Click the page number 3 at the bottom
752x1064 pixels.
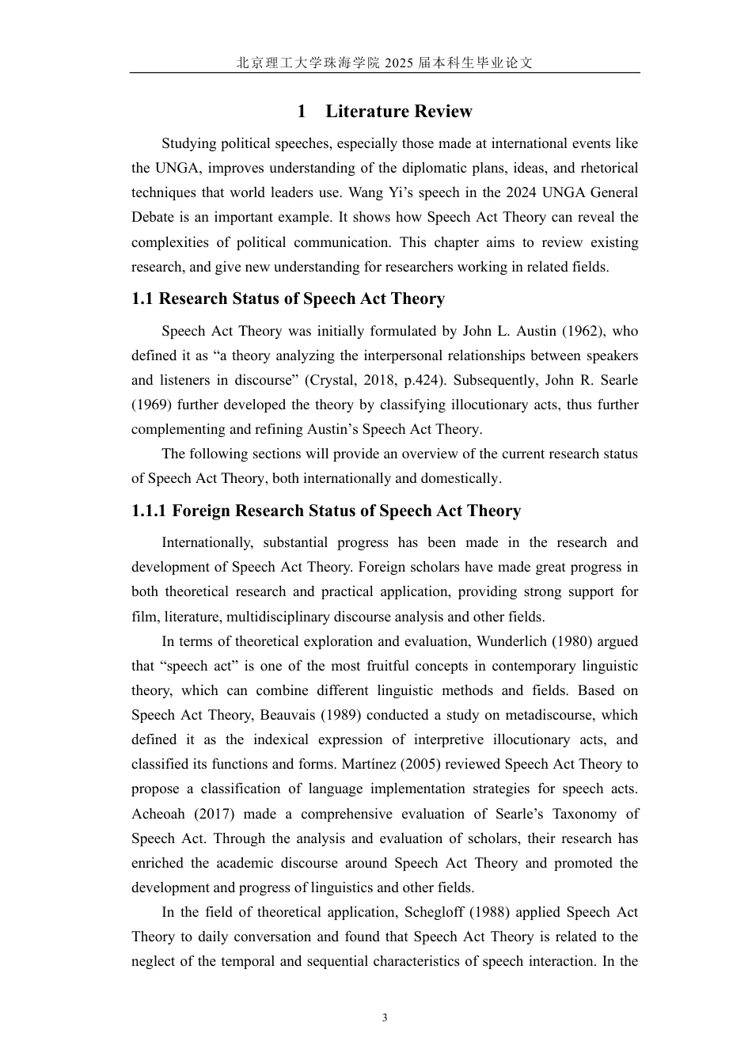[x=385, y=1017]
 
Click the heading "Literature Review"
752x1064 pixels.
[x=398, y=112]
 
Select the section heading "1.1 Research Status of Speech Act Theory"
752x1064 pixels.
[x=288, y=299]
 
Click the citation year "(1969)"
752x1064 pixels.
[x=150, y=405]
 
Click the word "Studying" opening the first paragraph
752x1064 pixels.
[x=188, y=143]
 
